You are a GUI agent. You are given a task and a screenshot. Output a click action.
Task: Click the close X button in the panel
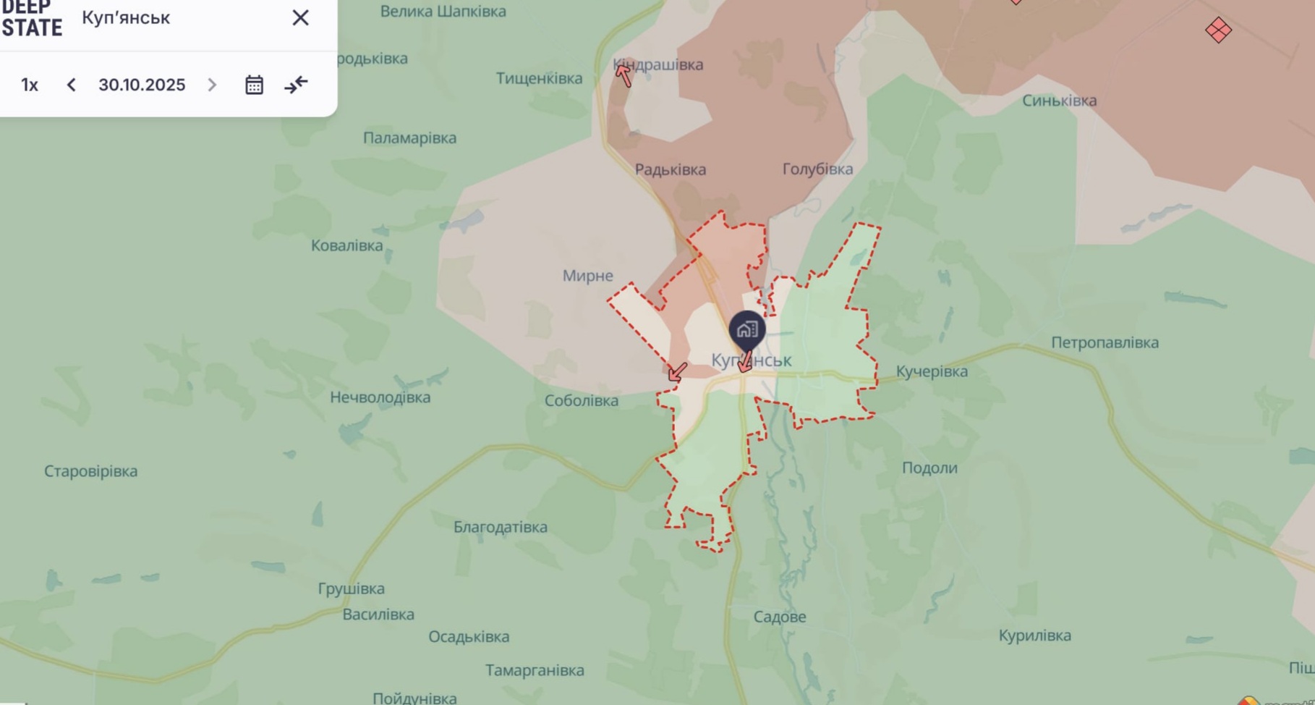[300, 17]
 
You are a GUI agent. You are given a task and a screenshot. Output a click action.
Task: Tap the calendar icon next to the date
[254, 85]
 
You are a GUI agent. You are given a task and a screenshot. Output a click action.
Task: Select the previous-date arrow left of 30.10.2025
[71, 85]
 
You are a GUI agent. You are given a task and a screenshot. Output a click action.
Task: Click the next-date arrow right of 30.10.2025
[212, 85]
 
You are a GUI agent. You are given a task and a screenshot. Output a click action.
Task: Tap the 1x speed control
[30, 85]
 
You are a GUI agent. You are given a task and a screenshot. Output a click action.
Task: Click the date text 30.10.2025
[142, 85]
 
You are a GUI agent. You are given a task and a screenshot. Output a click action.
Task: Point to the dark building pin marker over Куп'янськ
[746, 331]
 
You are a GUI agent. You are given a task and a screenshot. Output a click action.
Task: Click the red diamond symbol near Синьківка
[1218, 30]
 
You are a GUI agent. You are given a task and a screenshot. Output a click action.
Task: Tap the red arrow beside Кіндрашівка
[624, 75]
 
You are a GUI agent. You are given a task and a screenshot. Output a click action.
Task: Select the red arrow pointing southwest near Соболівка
[677, 372]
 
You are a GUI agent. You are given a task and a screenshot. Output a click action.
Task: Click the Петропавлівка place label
[1105, 342]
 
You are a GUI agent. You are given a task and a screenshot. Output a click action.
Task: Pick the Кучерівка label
[932, 371]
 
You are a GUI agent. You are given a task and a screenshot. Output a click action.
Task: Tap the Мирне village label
[587, 276]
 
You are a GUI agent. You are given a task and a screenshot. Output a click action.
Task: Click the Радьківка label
[670, 169]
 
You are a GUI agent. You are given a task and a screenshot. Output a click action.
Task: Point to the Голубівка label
[817, 169]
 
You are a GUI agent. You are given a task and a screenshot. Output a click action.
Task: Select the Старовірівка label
[90, 471]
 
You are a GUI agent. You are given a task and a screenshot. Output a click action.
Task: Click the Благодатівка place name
[500, 527]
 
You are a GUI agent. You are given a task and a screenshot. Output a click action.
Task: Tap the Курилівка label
[1034, 636]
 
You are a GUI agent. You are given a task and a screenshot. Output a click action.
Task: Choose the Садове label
[779, 617]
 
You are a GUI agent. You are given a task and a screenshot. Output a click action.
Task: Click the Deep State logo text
[32, 19]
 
